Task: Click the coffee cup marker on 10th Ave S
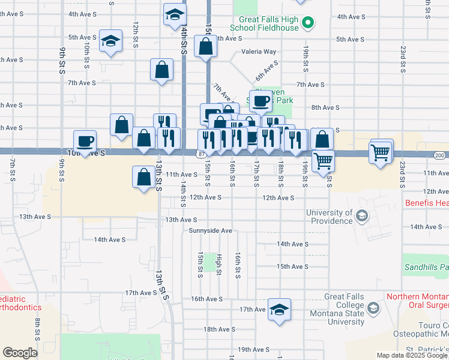tap(85, 142)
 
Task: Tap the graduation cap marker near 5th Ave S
tap(110, 41)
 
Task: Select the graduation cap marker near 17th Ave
tap(279, 310)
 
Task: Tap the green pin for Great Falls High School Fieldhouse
tap(308, 23)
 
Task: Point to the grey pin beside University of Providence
tap(361, 215)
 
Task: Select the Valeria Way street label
tap(259, 52)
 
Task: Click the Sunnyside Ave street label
tap(210, 230)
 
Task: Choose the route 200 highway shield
tap(439, 155)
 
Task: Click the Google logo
tap(20, 353)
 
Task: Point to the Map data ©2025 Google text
tap(412, 355)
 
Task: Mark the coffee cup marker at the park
tap(261, 101)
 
